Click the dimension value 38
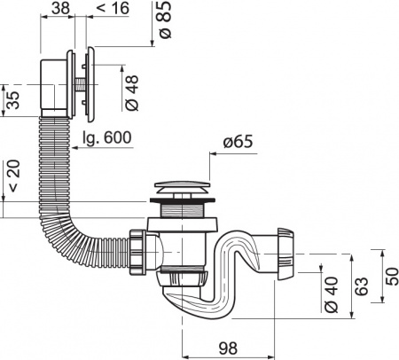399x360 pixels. pyautogui.click(x=60, y=8)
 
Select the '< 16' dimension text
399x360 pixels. pyautogui.click(x=113, y=8)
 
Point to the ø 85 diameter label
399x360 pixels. pyautogui.click(x=165, y=20)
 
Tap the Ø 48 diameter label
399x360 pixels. pyautogui.click(x=132, y=93)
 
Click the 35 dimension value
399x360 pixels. pyautogui.click(x=13, y=100)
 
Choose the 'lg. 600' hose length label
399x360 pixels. pyautogui.click(x=106, y=137)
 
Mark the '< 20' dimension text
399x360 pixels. pyautogui.click(x=13, y=176)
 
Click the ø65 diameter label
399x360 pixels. pyautogui.click(x=238, y=142)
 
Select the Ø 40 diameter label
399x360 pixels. pyautogui.click(x=331, y=294)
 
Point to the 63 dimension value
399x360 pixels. pyautogui.click(x=361, y=286)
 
